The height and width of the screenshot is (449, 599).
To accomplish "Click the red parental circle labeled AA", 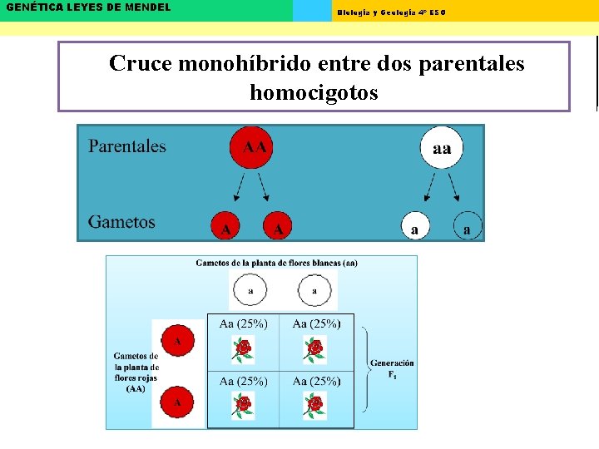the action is pyautogui.click(x=255, y=147).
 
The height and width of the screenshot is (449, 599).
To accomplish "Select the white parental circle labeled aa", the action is pyautogui.click(x=442, y=148).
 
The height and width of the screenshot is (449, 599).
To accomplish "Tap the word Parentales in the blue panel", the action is pyautogui.click(x=127, y=146).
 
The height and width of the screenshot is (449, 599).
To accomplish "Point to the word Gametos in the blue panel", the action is pyautogui.click(x=121, y=222).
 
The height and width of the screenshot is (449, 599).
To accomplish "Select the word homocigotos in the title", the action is pyautogui.click(x=314, y=92).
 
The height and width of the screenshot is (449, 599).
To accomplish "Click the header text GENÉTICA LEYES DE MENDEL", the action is pyautogui.click(x=88, y=7).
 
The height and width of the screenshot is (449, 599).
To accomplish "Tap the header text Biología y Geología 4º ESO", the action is pyautogui.click(x=391, y=12).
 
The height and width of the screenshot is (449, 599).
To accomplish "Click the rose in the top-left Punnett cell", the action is pyautogui.click(x=242, y=350).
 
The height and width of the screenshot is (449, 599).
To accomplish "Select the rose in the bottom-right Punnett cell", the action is pyautogui.click(x=314, y=405).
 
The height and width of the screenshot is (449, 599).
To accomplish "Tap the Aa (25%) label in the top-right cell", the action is pyautogui.click(x=316, y=324).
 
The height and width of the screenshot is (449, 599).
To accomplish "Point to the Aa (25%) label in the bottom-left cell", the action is pyautogui.click(x=243, y=382).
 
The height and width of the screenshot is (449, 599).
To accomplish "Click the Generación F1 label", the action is pyautogui.click(x=392, y=368).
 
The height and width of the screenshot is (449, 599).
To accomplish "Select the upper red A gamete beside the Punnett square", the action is pyautogui.click(x=176, y=340).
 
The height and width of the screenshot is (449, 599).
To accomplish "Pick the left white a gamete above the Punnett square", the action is pyautogui.click(x=250, y=291).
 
